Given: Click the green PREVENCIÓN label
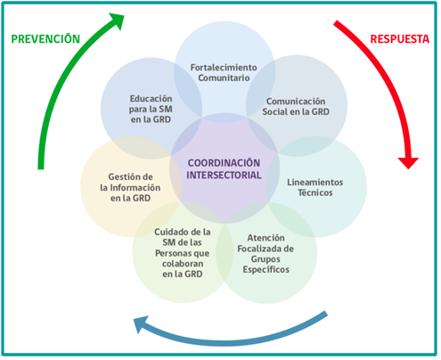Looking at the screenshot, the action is (45, 38).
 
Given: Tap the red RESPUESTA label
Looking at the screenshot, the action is (400, 39).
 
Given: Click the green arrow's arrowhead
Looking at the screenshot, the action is (117, 20).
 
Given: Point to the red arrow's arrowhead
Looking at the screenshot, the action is (408, 163).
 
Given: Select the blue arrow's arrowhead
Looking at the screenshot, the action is (141, 323).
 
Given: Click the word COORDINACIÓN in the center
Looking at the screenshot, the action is (224, 163).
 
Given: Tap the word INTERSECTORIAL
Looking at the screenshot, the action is (224, 175).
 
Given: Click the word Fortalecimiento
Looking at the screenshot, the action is (224, 68).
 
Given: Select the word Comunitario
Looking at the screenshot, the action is (224, 78).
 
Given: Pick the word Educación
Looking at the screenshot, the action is (151, 99).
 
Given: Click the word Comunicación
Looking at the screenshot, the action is (296, 102).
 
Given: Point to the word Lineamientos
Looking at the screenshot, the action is (315, 182).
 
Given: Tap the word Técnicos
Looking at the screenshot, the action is (315, 192).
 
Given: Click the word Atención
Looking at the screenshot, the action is (265, 238).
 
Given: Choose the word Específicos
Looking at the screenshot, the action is (265, 270).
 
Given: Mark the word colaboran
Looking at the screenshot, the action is (183, 264).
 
